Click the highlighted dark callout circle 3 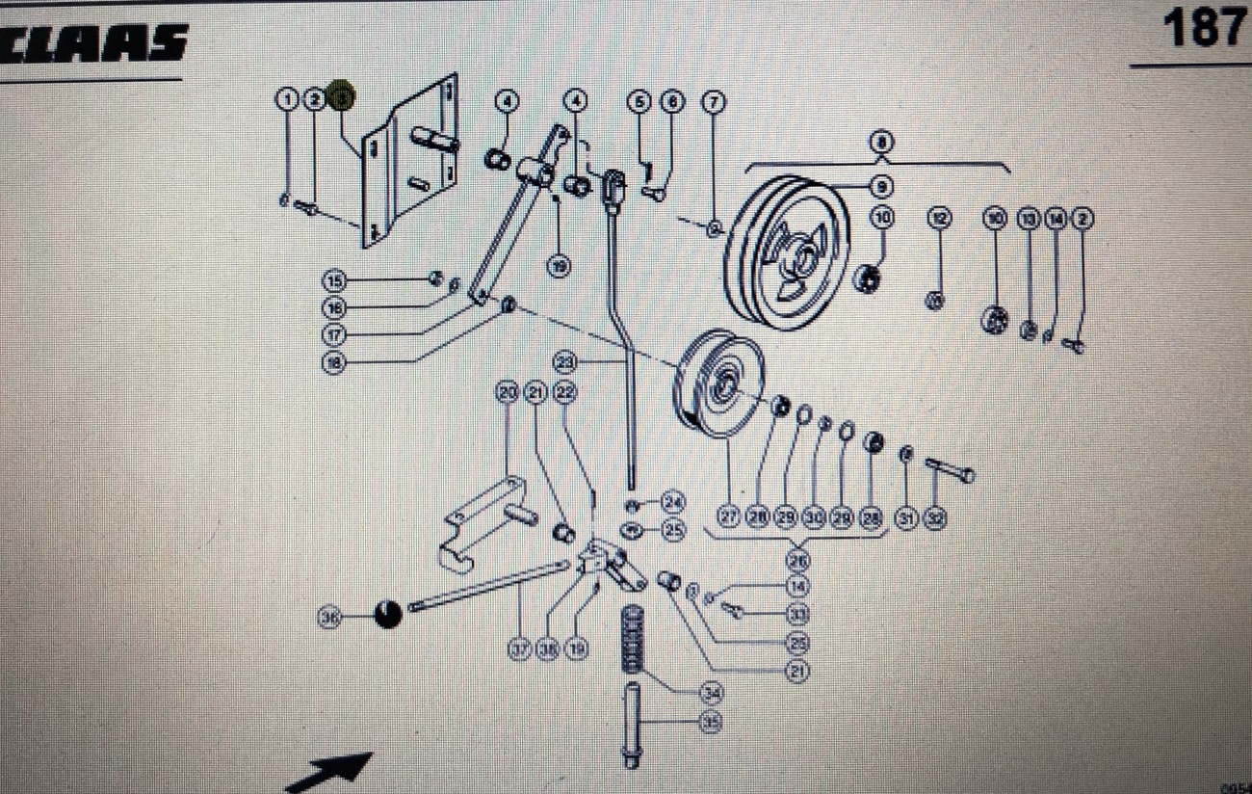point(342,97)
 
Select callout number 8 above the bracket point(880,143)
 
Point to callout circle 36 point(330,616)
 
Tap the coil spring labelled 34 point(634,640)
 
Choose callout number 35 point(711,722)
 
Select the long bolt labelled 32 point(950,470)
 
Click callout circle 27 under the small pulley point(729,518)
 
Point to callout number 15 point(334,280)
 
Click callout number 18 point(334,363)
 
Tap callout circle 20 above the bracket point(508,392)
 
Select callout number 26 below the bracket point(797,559)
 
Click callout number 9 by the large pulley point(882,183)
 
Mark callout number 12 point(939,219)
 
